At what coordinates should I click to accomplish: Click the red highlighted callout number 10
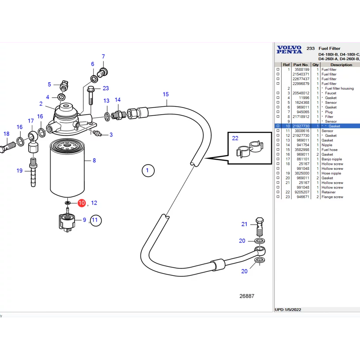pyautogui.click(x=82, y=203)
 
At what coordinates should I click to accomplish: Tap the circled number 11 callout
pyautogui.click(x=96, y=220)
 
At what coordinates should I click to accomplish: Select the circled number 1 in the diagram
pyautogui.click(x=148, y=171)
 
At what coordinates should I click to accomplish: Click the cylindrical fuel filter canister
pyautogui.click(x=67, y=168)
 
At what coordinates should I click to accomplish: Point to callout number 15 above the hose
pyautogui.click(x=166, y=94)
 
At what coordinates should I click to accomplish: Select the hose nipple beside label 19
pyautogui.click(x=33, y=172)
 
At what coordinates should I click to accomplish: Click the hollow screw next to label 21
pyautogui.click(x=259, y=226)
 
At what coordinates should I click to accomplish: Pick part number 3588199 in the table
pyautogui.click(x=302, y=70)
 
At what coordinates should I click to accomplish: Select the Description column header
pyautogui.click(x=341, y=65)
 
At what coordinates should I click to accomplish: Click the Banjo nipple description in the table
pyautogui.click(x=332, y=159)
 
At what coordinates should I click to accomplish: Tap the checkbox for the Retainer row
pyautogui.click(x=278, y=192)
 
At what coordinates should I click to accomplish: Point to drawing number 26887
pyautogui.click(x=247, y=296)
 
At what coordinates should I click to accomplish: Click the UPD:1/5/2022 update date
pyautogui.click(x=288, y=309)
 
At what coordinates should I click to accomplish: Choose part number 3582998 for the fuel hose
pyautogui.click(x=302, y=150)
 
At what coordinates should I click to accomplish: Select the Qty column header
pyautogui.click(x=315, y=65)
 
